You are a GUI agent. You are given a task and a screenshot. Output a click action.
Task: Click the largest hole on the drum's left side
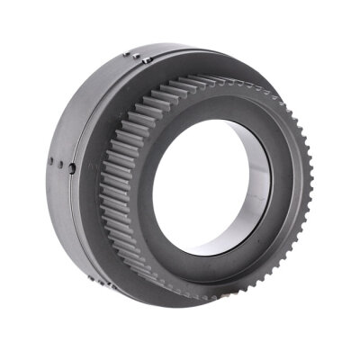[71, 168]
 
